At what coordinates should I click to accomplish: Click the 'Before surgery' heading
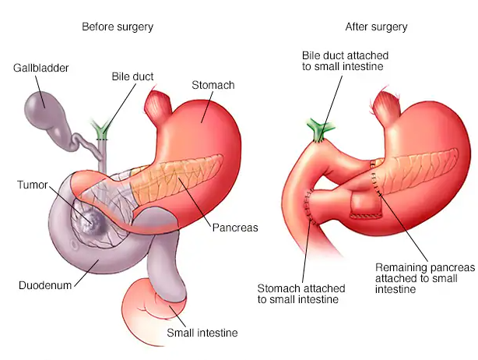(118, 27)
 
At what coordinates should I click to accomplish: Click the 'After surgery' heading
(376, 27)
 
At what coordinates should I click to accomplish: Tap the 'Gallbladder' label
(41, 69)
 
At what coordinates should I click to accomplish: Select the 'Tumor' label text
(32, 185)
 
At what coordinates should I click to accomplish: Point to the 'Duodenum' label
(45, 284)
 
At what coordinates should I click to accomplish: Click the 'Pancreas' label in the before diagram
(234, 228)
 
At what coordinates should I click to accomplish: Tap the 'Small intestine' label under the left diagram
(202, 333)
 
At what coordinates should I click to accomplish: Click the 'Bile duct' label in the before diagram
(132, 76)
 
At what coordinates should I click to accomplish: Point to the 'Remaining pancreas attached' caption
(424, 277)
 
